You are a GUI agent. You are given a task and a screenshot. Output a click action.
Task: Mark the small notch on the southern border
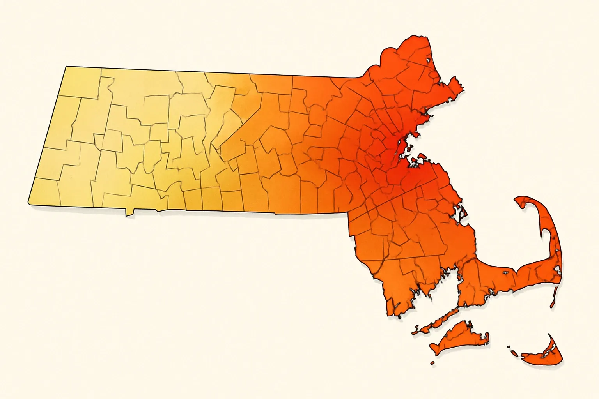click(129, 213)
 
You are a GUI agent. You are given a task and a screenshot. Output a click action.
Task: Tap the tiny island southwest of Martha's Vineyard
click(432, 363)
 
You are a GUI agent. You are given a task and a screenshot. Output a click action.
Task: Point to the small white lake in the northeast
click(429, 60)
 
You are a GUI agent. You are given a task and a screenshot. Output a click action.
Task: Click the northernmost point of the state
click(423, 37)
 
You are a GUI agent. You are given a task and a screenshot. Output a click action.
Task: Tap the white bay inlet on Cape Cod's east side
click(558, 269)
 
